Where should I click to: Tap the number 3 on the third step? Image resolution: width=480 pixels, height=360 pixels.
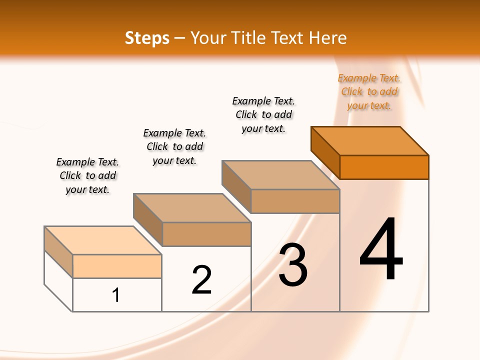(x=293, y=265)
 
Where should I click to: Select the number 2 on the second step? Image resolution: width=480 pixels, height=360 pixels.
(x=202, y=279)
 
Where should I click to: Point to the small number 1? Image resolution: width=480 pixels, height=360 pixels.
(x=116, y=295)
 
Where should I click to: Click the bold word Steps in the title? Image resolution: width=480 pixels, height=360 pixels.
(x=147, y=38)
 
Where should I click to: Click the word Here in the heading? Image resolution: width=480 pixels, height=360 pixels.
(x=327, y=38)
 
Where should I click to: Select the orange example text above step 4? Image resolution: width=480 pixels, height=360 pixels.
(x=369, y=92)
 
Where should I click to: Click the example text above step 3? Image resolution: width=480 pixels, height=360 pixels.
(x=263, y=114)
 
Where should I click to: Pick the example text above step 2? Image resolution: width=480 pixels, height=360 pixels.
(x=174, y=146)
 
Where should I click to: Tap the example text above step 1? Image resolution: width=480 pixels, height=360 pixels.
(x=87, y=175)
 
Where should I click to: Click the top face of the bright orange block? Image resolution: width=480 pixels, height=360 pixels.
(x=370, y=140)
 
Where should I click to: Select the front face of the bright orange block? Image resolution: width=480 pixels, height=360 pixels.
(x=384, y=167)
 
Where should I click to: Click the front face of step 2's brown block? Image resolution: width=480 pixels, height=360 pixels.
(x=206, y=234)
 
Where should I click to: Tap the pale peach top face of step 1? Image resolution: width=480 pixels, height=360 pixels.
(x=103, y=240)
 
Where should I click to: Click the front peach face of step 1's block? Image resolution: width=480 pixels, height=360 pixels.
(x=117, y=266)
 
